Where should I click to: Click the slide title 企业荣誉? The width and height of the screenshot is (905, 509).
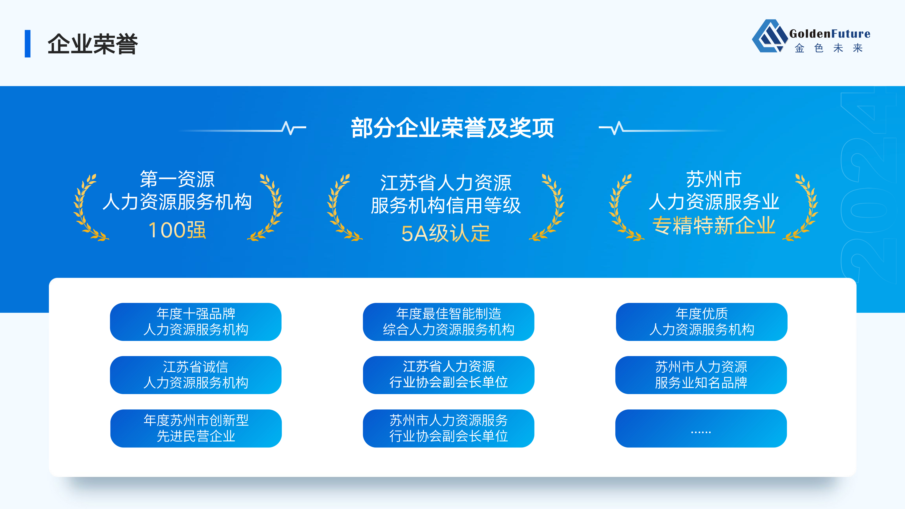point(93,44)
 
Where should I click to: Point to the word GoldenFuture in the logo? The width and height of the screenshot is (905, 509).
point(830,34)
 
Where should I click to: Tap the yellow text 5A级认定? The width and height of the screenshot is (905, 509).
point(445,233)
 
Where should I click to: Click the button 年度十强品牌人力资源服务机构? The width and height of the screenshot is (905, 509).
point(196,322)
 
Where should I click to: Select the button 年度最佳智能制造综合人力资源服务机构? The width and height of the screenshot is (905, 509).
point(449,322)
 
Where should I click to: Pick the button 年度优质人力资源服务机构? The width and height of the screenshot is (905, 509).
point(702,322)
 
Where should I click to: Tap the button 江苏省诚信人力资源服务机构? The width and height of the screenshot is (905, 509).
point(196,375)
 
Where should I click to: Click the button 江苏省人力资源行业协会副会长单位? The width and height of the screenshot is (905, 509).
point(449,375)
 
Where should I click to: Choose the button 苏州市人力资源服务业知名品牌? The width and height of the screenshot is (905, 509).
point(701,375)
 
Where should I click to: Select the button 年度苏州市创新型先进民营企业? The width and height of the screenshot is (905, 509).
point(196,428)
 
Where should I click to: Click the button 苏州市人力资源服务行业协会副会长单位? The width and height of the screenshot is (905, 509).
point(449,428)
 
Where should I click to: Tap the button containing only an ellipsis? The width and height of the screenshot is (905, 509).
point(701,428)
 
